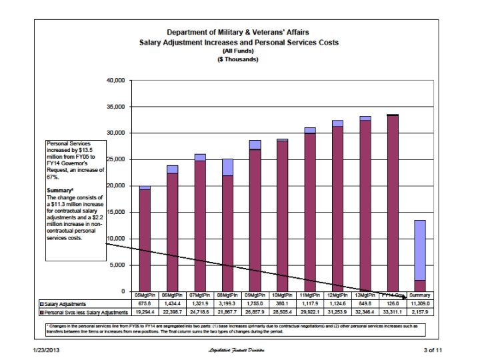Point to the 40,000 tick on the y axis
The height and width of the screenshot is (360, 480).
tap(115, 80)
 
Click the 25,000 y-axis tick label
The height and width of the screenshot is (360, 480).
tap(115, 159)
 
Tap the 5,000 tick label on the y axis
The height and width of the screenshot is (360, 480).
tap(117, 265)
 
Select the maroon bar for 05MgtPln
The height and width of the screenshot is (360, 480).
tap(145, 240)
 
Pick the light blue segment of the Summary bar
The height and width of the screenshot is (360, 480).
tap(420, 250)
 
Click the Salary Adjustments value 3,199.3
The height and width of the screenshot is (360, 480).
tap(228, 303)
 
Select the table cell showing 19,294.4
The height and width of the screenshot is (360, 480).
tap(145, 312)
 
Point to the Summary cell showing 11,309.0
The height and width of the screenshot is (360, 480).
tap(421, 303)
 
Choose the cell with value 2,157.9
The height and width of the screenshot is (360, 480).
tap(421, 312)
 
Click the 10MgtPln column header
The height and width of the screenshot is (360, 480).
tap(283, 295)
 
